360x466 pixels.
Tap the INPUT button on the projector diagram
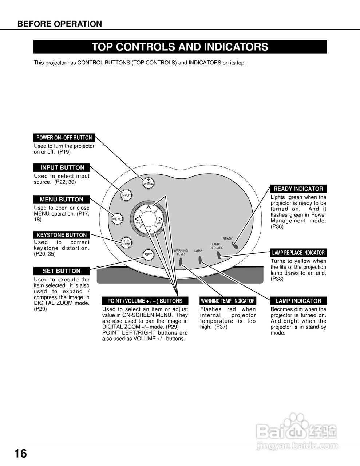coord(126,196)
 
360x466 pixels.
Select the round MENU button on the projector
coord(117,219)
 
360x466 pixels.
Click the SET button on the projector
coord(148,255)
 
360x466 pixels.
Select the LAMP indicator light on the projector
coord(200,260)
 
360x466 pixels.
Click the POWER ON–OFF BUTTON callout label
coord(64,138)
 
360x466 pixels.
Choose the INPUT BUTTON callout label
coord(62,167)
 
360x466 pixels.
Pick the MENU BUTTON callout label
coord(62,199)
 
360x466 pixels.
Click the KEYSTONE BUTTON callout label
coord(62,235)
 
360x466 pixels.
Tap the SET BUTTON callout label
coord(62,271)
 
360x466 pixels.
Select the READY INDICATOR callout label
coord(298,189)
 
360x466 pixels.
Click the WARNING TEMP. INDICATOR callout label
coord(228,301)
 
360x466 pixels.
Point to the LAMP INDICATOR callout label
coord(298,301)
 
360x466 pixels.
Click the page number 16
coord(21,454)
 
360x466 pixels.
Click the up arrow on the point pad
coord(149,208)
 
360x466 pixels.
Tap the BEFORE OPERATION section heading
coord(60,24)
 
